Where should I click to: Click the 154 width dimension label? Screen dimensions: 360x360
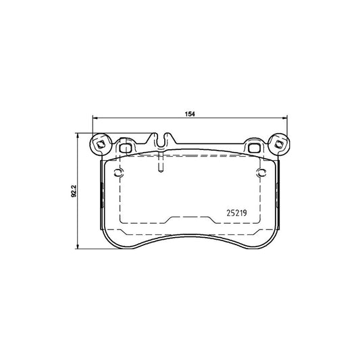click(190, 114)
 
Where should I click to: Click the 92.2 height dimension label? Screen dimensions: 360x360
click(74, 191)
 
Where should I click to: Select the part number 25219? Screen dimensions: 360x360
click(236, 213)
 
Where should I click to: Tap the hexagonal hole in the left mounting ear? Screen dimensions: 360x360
click(100, 145)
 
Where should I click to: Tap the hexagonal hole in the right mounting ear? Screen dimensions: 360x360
click(279, 145)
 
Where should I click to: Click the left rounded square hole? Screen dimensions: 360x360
click(125, 148)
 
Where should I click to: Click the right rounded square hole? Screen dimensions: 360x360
click(254, 148)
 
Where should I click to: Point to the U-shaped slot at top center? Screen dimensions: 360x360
click(161, 140)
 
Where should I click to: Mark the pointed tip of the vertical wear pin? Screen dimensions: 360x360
click(161, 172)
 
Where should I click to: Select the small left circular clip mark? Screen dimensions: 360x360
click(119, 172)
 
